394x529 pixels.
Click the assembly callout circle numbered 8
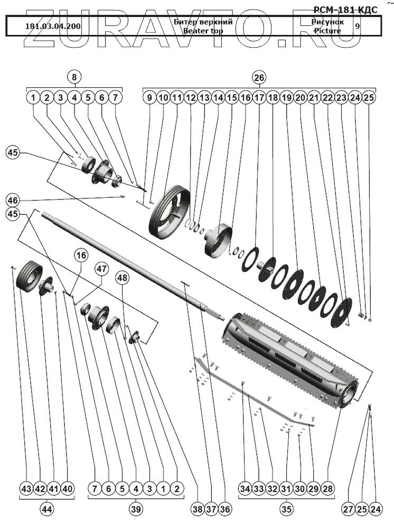[74, 77]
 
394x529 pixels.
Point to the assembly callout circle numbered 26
[259, 77]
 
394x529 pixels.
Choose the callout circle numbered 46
[13, 200]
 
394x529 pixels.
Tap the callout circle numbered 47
[101, 269]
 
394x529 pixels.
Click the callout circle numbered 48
[123, 277]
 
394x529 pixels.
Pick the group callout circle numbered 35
[286, 509]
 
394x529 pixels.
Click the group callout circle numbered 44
[46, 509]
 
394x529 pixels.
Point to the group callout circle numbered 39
[136, 509]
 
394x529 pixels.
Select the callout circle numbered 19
[287, 98]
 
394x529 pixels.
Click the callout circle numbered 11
[177, 98]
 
